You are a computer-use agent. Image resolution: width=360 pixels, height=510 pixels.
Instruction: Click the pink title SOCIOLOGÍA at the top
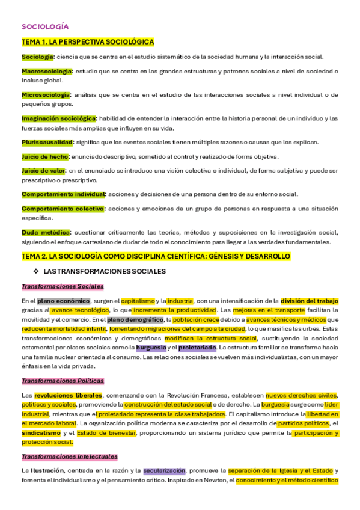coord(44,26)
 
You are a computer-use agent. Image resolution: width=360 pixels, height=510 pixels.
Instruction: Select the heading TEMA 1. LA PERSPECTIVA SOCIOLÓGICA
coord(88,41)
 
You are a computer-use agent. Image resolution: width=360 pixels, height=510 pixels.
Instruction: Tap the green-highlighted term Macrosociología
coord(47,72)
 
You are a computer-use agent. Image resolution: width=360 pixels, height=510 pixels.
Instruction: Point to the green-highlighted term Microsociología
coord(46,95)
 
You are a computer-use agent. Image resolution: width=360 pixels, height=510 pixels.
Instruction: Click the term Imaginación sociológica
coord(58,118)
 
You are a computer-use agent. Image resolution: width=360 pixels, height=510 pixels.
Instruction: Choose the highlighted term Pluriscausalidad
coord(47,142)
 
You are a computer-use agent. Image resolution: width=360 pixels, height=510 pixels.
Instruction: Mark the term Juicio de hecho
coord(45,156)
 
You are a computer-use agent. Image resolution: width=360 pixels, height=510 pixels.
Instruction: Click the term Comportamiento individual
coord(63,194)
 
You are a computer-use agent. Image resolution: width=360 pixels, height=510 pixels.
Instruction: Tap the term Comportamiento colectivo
coord(63,209)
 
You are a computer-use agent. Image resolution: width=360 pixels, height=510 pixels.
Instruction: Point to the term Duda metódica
coord(46,232)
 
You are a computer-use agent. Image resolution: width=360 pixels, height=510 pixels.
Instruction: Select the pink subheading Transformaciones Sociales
coord(63,286)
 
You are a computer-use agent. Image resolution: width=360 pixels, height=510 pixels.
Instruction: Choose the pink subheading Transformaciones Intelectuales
coord(69,457)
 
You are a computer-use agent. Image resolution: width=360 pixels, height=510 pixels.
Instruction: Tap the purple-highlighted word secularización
coord(164,470)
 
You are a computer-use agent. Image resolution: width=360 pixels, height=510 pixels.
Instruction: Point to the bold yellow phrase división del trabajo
coord(310,301)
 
